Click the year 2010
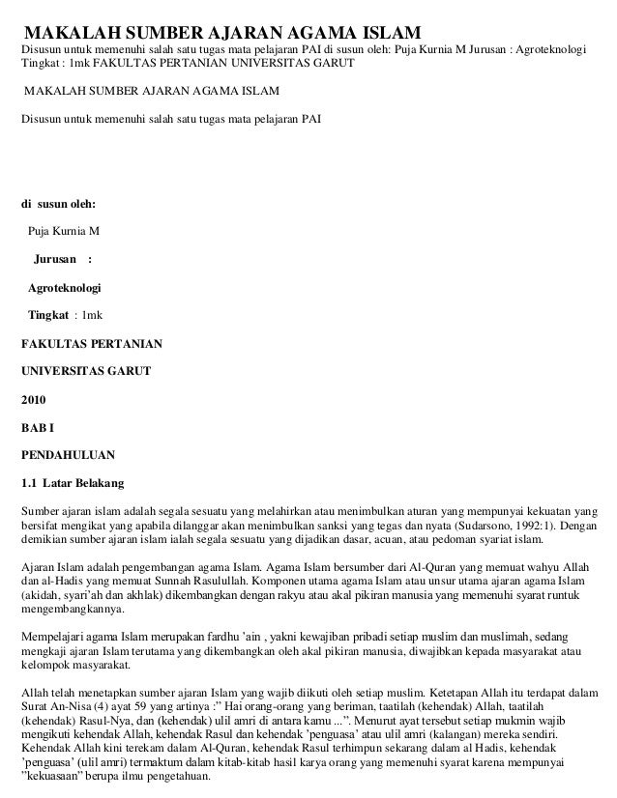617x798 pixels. (x=34, y=398)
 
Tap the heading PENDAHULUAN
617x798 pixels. (x=69, y=452)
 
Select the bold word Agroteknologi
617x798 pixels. (x=64, y=288)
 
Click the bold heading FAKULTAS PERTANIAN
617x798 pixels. (x=92, y=343)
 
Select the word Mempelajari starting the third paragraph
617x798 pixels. (x=56, y=639)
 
